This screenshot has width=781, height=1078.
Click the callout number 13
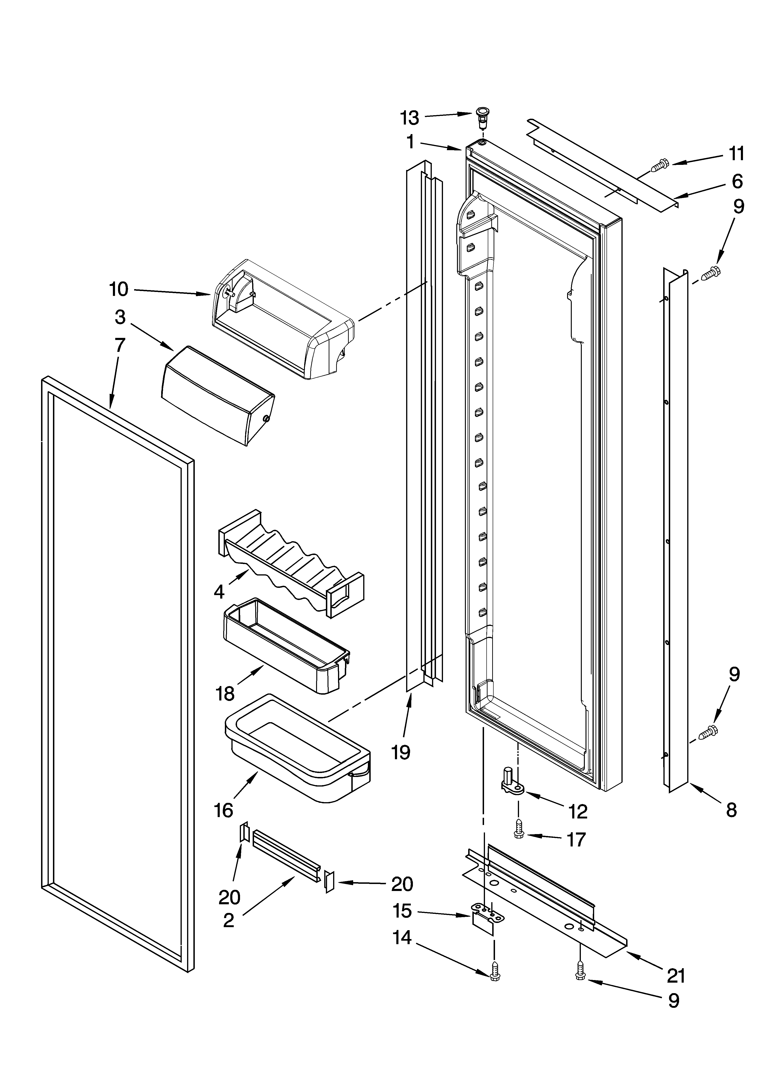(410, 118)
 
